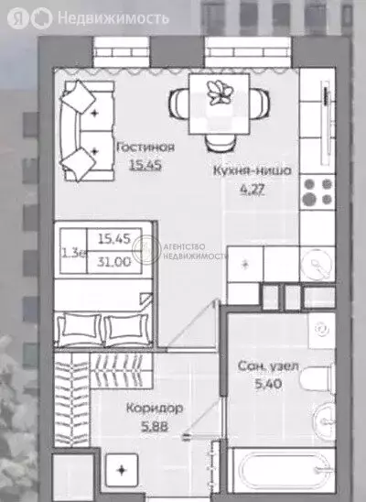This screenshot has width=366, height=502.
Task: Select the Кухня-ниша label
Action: point(252,171)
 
